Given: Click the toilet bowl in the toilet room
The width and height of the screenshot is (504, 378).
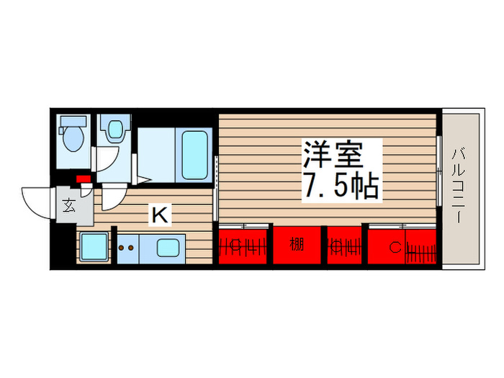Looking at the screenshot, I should (73, 140).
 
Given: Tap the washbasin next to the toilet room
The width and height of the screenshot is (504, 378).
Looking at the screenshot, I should (113, 130).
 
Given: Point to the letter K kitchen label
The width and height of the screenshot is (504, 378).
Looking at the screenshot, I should (159, 213).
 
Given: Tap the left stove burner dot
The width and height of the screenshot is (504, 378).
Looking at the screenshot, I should (122, 248).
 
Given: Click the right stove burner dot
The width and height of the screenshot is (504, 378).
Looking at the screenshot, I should (132, 248).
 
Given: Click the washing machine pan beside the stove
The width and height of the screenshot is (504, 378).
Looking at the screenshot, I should (93, 247).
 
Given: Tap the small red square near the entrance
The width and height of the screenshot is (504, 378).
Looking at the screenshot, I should (83, 179).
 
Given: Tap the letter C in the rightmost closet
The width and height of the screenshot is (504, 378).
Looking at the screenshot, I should (394, 248).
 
